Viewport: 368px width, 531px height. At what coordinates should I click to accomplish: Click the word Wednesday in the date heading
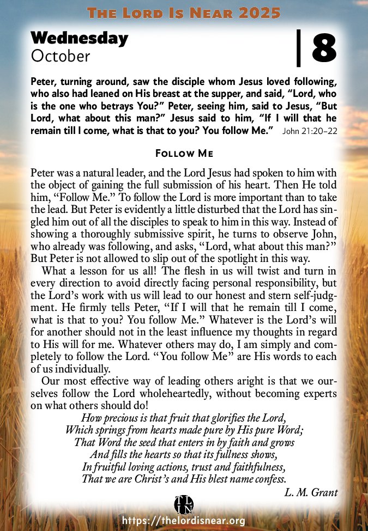[x=80, y=38]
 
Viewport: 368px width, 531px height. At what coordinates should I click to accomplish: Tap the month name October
[x=61, y=55]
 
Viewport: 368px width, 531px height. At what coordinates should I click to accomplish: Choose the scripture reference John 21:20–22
[x=309, y=132]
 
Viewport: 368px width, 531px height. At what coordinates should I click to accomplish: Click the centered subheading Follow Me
[x=184, y=154]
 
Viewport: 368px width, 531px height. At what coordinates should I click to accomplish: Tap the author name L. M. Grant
[x=311, y=492]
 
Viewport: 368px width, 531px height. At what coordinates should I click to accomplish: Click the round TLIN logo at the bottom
[x=183, y=505]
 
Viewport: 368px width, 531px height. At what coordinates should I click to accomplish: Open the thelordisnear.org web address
[x=184, y=521]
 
